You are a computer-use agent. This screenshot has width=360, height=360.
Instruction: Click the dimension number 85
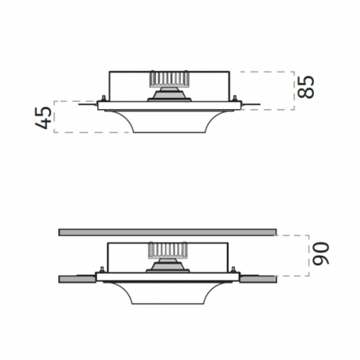[x=306, y=87]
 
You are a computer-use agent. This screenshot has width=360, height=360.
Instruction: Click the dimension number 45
[x=44, y=118]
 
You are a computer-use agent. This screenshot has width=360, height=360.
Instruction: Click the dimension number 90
[x=321, y=253]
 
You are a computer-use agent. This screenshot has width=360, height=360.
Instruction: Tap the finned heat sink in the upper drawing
[x=170, y=79]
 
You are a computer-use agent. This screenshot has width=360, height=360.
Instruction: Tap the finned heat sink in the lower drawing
[x=168, y=250]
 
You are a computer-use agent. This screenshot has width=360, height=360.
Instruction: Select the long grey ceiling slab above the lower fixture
[x=167, y=233]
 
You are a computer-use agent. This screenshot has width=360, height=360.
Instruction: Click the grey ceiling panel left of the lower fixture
[x=77, y=279]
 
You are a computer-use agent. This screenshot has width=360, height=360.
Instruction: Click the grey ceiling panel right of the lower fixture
[x=258, y=279]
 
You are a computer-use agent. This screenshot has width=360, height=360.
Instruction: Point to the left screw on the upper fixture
[x=104, y=98]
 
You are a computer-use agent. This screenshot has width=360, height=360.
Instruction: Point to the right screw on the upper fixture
[x=234, y=98]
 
